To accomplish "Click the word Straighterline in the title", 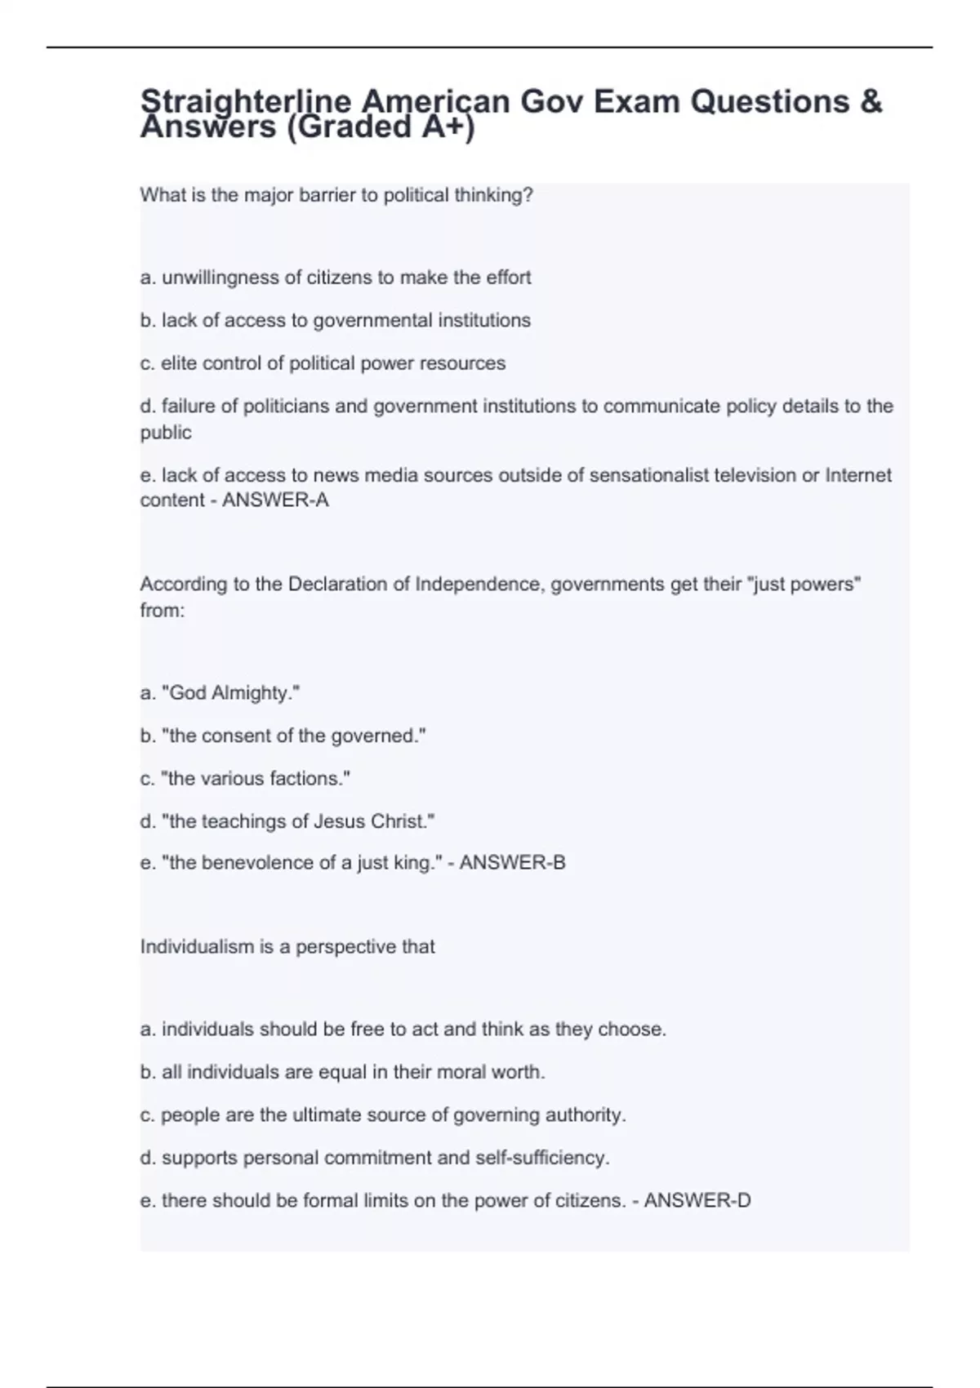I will [245, 102].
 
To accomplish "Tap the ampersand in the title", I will [871, 102].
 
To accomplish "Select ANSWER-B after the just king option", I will [512, 863].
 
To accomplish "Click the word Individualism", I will [197, 947].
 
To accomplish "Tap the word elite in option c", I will [179, 363].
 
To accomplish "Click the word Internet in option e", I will [858, 475].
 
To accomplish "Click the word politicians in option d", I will [286, 407].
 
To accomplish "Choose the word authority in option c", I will [586, 1115].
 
